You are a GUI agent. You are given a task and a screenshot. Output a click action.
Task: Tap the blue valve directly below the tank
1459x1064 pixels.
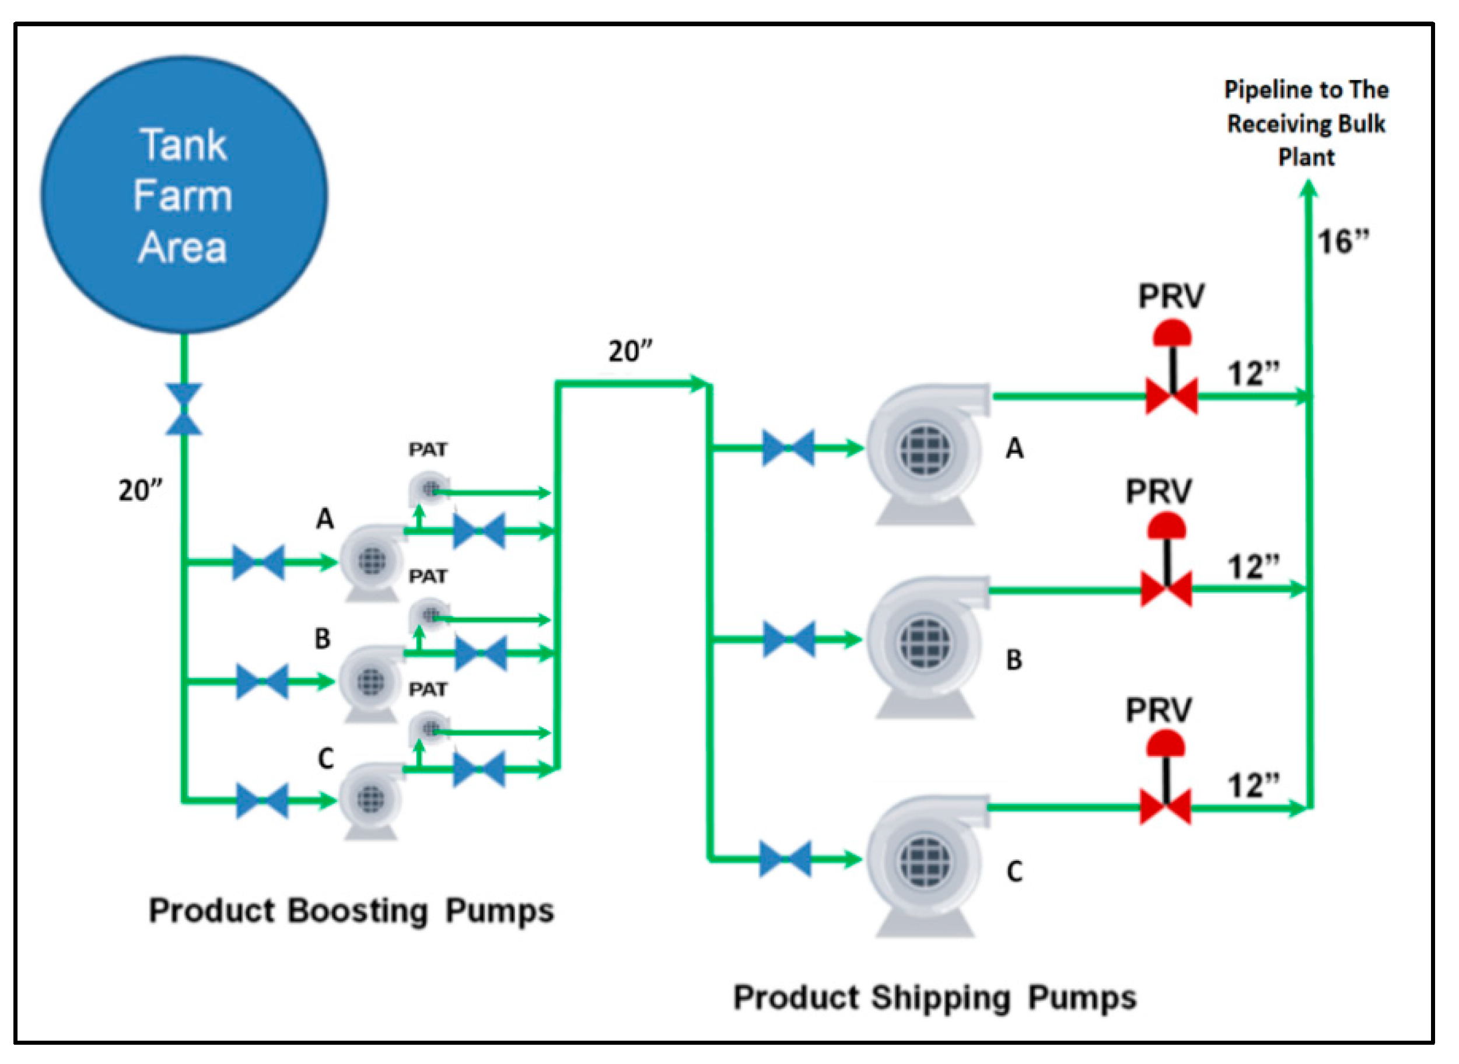184,409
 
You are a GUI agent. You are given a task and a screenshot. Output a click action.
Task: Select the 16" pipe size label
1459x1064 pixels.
1342,242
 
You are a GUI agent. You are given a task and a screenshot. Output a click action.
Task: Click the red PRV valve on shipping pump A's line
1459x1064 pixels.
1171,396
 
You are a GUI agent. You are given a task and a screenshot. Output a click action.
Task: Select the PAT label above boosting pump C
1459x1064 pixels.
428,690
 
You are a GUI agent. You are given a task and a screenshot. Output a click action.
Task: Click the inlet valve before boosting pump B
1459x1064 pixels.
262,681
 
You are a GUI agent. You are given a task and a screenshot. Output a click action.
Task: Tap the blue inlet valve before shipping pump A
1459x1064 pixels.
788,447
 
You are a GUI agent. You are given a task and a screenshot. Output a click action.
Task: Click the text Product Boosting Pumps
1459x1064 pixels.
351,911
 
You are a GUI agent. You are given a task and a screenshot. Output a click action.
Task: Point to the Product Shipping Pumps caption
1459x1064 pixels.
935,998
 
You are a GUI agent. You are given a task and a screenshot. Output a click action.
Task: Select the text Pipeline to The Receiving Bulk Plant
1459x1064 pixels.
1306,123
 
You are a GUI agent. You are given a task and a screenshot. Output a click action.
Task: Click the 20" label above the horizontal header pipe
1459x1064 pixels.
630,352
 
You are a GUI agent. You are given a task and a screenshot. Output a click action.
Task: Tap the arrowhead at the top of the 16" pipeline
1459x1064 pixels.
1308,188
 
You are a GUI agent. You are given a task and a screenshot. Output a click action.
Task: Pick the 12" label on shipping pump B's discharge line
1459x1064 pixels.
1253,568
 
